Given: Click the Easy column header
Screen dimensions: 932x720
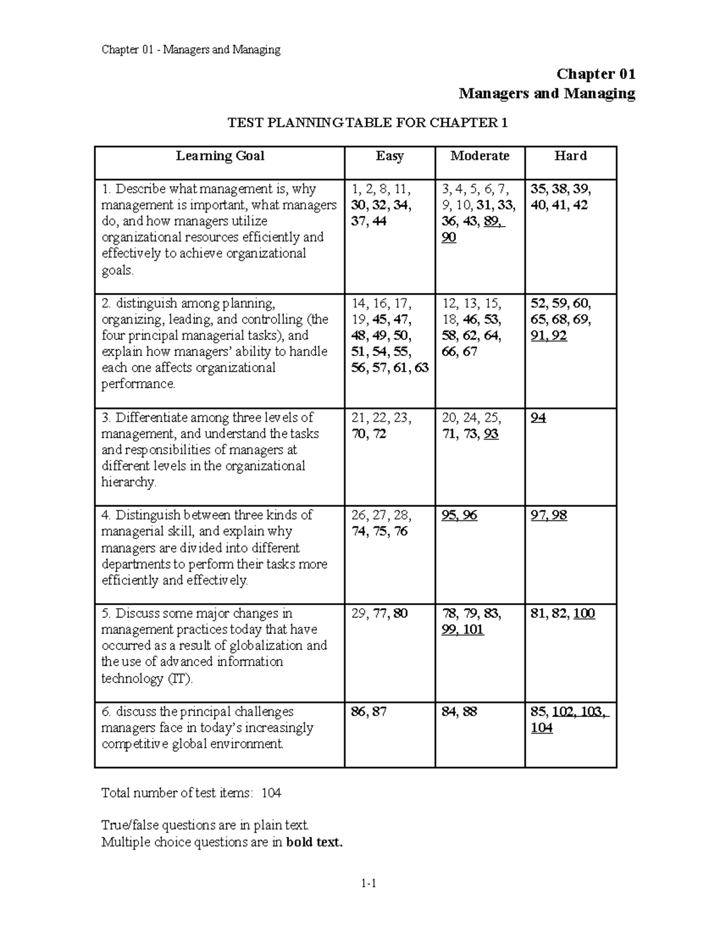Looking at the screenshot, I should (389, 156).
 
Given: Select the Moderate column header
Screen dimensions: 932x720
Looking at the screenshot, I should (479, 156).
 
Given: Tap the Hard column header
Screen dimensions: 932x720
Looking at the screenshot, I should (570, 156).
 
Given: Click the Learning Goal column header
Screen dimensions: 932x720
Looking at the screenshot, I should (220, 156).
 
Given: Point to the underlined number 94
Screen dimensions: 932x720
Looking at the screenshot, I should (538, 418).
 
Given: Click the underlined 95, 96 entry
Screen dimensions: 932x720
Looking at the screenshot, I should (459, 516).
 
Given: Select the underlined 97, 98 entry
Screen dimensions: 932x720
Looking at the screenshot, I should (548, 516).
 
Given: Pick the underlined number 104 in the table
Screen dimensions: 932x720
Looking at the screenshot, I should (541, 729).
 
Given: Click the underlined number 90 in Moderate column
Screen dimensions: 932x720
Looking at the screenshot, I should (449, 238).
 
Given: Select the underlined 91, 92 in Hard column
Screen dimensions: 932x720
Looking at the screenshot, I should (548, 336).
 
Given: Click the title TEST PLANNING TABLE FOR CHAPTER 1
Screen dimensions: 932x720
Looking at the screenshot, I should (367, 123).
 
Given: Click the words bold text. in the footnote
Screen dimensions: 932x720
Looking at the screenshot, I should (314, 842).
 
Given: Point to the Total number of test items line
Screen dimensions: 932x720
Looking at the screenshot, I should (191, 793).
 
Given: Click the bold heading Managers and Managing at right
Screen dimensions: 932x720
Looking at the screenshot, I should (547, 94).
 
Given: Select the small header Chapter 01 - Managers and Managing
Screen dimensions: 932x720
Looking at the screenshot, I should (191, 50).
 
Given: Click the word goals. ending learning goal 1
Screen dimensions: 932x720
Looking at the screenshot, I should (118, 270).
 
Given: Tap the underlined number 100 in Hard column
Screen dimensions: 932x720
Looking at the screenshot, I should (584, 614).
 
